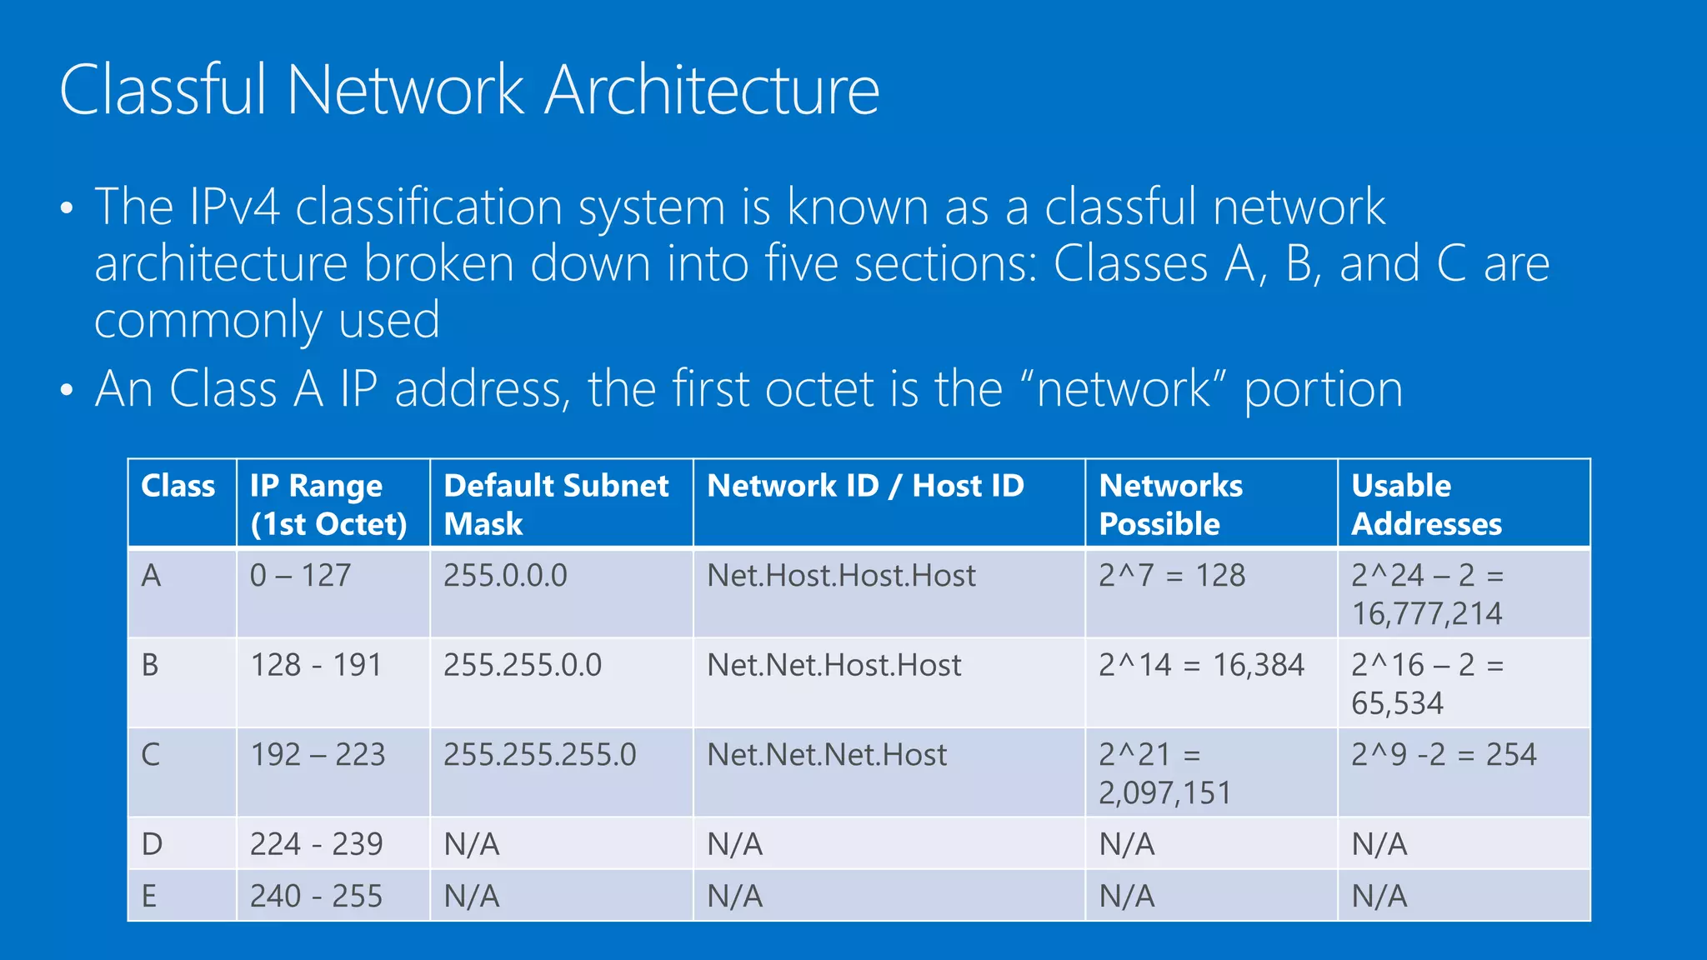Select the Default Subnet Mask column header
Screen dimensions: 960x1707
click(x=556, y=504)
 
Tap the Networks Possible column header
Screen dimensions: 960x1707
click(x=1170, y=504)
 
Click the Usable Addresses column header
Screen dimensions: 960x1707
click(x=1426, y=504)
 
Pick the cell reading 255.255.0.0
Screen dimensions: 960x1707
click(x=522, y=665)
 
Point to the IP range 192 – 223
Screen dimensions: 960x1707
click(x=318, y=755)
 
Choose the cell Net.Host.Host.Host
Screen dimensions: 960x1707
click(x=841, y=576)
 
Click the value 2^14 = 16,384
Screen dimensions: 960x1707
click(x=1201, y=665)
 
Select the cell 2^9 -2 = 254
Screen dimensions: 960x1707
click(x=1444, y=755)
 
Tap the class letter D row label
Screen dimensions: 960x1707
click(x=152, y=844)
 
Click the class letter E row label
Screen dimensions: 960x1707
click(x=149, y=897)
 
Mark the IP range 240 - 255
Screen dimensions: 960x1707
click(x=316, y=897)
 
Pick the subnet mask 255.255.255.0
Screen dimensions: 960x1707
click(x=539, y=755)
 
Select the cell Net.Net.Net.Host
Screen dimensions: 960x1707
click(x=827, y=755)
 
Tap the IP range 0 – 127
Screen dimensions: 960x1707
click(x=300, y=576)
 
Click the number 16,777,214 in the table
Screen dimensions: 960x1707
click(x=1426, y=614)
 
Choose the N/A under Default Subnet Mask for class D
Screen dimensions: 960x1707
click(x=472, y=845)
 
